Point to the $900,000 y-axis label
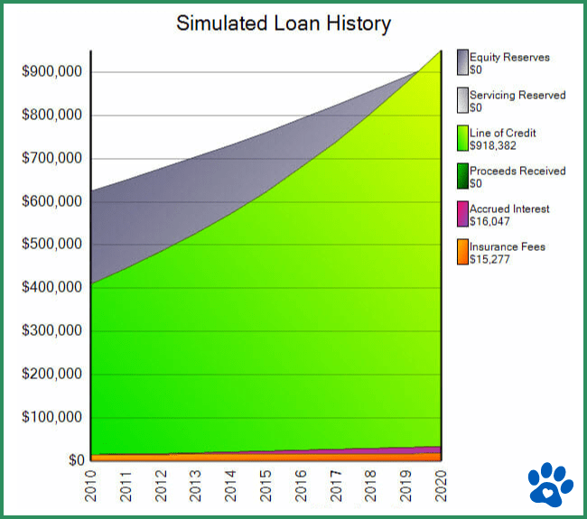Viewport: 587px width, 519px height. (x=51, y=72)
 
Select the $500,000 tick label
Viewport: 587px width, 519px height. (x=51, y=245)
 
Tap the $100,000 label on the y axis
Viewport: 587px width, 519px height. (x=51, y=418)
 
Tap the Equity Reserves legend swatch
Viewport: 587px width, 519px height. (x=462, y=62)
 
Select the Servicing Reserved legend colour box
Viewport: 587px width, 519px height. (x=462, y=100)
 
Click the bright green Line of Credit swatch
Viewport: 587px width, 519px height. (x=462, y=138)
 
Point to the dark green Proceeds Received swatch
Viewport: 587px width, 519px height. (x=462, y=176)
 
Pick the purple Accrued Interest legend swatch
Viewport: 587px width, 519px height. (x=462, y=214)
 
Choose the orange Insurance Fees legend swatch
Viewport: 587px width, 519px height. (x=462, y=252)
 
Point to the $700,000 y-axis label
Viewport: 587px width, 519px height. (x=51, y=159)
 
